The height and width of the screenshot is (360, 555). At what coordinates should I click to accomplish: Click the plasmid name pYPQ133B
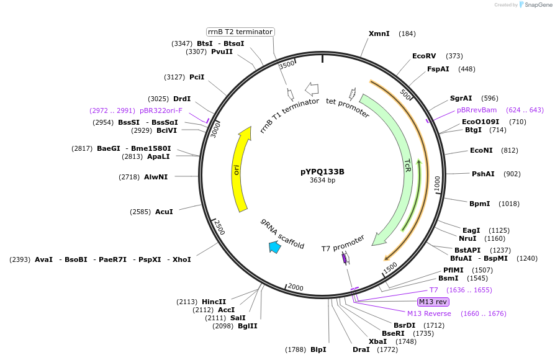pos(322,172)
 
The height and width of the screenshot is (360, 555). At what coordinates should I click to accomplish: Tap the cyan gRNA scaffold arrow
pos(274,247)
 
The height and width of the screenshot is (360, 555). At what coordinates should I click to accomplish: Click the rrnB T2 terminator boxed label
pos(240,32)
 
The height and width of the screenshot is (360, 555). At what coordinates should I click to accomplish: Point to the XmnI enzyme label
pos(379,34)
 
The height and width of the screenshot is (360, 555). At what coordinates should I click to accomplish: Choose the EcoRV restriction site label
pos(424,56)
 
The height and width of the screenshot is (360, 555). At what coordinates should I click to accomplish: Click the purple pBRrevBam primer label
pos(477,110)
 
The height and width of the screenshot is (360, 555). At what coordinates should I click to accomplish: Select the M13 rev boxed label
pos(433,302)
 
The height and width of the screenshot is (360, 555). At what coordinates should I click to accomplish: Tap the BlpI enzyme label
pos(318,349)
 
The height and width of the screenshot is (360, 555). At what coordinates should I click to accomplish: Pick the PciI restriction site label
pos(197,77)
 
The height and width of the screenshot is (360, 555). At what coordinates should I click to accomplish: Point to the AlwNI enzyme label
pos(156,177)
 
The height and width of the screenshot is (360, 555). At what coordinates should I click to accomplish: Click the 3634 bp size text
pos(322,181)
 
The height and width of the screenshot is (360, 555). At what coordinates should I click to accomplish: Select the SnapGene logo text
pos(538,5)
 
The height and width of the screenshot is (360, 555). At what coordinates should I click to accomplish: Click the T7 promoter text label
pos(343,244)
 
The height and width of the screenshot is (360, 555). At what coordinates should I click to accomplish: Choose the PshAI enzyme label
pos(483,174)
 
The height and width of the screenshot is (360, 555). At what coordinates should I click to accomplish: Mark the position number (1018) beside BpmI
pos(509,204)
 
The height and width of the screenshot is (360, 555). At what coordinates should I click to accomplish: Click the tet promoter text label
pos(348,108)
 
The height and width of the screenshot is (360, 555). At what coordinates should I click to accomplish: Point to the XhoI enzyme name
pos(181,259)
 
